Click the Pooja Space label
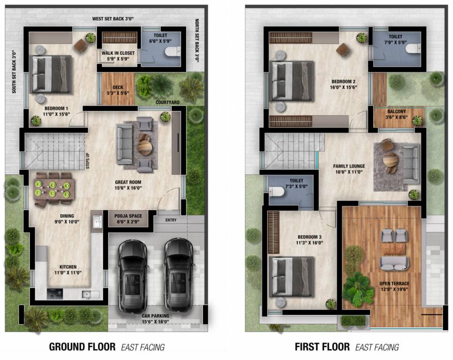(x=128, y=219)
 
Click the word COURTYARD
(x=169, y=102)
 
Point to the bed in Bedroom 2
(x=293, y=82)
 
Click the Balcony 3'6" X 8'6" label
(x=397, y=115)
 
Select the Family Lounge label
(x=349, y=169)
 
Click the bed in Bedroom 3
(x=293, y=277)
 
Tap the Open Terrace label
(x=394, y=286)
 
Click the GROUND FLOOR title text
(x=82, y=347)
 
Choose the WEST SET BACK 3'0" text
(x=113, y=18)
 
